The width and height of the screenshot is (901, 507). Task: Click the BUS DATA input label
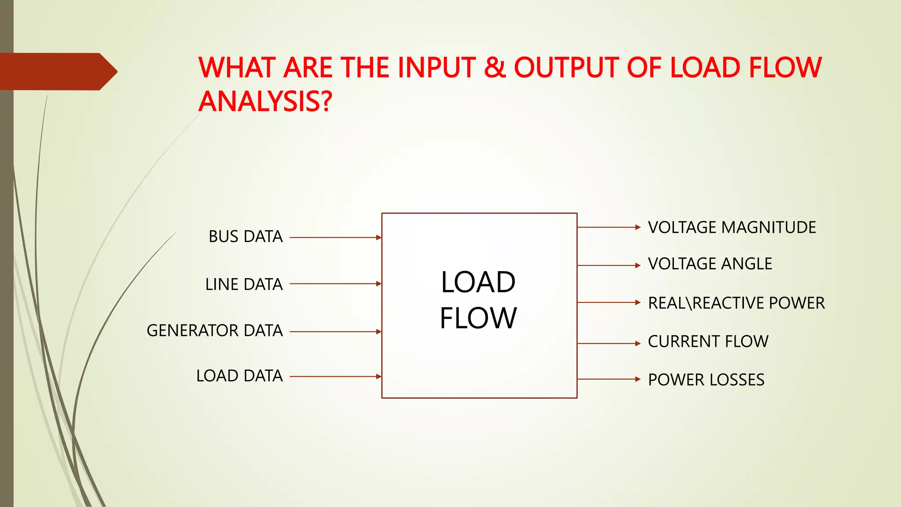(245, 237)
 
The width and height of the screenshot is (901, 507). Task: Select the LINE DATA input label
(244, 284)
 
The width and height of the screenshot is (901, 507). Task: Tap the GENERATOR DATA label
(215, 331)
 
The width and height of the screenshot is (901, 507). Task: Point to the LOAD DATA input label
(239, 376)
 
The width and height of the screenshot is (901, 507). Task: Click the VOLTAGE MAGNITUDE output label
(732, 228)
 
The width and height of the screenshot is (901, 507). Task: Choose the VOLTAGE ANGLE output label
(710, 264)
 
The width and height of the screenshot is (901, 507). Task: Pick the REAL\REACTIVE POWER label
(736, 303)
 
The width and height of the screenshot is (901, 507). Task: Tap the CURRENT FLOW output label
(708, 342)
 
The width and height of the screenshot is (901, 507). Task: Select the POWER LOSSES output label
(706, 379)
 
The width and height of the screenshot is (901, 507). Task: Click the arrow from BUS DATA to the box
(335, 238)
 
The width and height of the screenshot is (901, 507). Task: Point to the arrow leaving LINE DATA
(335, 284)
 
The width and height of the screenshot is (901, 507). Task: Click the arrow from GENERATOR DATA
(335, 331)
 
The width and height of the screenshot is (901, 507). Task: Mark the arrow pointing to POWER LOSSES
(609, 379)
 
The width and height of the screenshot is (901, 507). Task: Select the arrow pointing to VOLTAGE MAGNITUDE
(609, 228)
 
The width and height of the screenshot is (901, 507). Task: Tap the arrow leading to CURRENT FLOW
(609, 343)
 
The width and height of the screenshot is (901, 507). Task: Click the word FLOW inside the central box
(478, 318)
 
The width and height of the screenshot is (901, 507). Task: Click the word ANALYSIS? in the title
(265, 101)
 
